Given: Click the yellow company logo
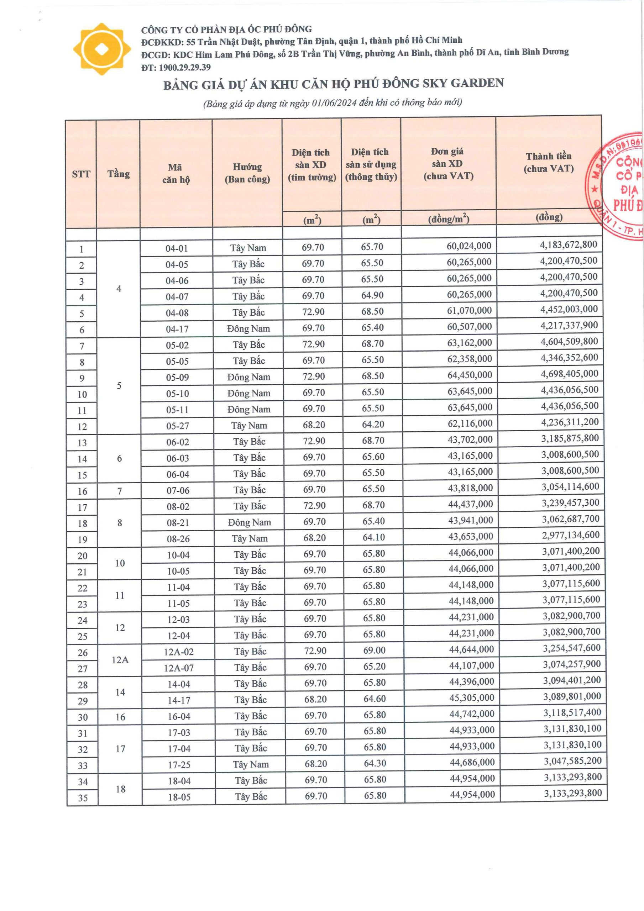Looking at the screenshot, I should point(102,49).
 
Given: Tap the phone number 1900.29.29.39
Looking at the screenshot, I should point(185,68).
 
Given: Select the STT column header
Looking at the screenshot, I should point(81,174).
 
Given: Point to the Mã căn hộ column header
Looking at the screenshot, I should point(176,173).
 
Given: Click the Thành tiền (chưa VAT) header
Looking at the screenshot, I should point(548,162).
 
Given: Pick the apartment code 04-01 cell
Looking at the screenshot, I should point(176,249).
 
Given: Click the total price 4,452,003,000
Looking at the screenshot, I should point(569,310).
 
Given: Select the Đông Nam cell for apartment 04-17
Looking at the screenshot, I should point(248,329).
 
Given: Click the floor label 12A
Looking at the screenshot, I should point(120,660).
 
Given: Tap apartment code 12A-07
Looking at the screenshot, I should point(179,668).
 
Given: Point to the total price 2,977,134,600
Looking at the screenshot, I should point(571,535).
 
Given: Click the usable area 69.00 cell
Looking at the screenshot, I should point(374,650).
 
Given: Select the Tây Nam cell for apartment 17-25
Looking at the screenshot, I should point(251,764).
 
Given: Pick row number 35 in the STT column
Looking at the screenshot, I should point(83,797).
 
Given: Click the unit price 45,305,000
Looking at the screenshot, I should point(472,697).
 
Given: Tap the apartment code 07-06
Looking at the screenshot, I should point(178,491).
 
